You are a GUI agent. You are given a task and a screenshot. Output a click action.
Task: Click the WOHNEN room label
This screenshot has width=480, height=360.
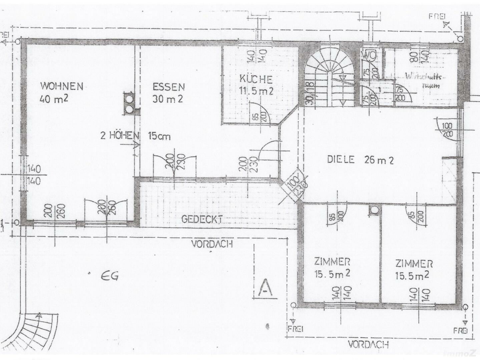[x=62, y=86]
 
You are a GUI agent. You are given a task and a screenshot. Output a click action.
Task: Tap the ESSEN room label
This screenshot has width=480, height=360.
[x=168, y=87]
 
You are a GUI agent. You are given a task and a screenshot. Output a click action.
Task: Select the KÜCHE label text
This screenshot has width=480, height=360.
[x=256, y=79]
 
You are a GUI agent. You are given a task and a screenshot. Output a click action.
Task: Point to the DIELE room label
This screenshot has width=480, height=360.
[x=340, y=160]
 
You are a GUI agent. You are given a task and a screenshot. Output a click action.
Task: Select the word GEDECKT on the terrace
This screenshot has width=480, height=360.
[x=202, y=219]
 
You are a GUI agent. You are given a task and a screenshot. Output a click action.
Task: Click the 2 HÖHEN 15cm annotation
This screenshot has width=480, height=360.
[x=135, y=136]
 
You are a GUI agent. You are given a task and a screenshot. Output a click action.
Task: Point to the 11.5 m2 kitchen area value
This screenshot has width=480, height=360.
[x=256, y=90]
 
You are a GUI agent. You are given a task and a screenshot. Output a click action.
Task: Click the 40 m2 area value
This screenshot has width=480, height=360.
[x=54, y=98]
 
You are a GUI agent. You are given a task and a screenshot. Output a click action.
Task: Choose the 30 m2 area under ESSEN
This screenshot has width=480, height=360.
[x=167, y=99]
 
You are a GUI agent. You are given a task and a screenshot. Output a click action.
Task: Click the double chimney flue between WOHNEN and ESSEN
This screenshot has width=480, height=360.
[x=129, y=103]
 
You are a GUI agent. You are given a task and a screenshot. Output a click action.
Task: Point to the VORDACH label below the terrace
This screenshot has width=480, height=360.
[x=212, y=244]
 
